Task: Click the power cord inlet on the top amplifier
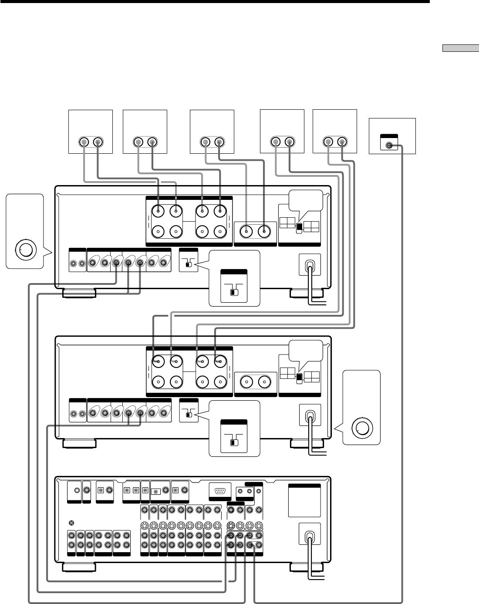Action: [x=309, y=265]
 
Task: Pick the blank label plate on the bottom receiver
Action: [x=304, y=503]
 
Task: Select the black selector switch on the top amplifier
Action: [x=299, y=227]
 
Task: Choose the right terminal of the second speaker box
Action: [x=152, y=142]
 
